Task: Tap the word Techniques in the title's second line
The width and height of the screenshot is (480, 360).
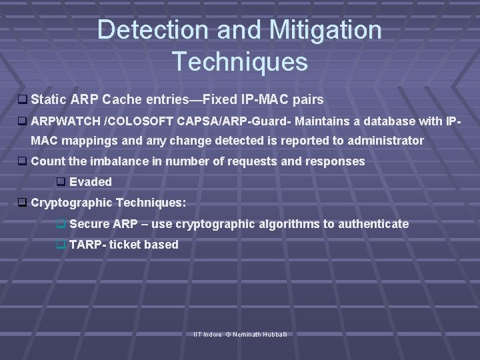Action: click(x=240, y=61)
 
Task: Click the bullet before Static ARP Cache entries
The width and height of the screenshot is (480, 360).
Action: click(x=22, y=100)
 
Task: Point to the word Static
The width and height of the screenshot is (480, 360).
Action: click(x=49, y=100)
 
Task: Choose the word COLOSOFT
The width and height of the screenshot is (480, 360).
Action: click(x=141, y=121)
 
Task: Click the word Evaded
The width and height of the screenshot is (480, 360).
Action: click(x=91, y=182)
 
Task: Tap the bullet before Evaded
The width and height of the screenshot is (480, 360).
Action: click(x=61, y=182)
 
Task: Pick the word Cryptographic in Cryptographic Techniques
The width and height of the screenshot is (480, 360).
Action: click(x=71, y=202)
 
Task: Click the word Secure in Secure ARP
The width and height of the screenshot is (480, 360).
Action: click(x=89, y=224)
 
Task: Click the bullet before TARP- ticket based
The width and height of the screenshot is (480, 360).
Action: click(x=61, y=245)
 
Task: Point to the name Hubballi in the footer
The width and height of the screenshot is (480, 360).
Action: click(x=275, y=333)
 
